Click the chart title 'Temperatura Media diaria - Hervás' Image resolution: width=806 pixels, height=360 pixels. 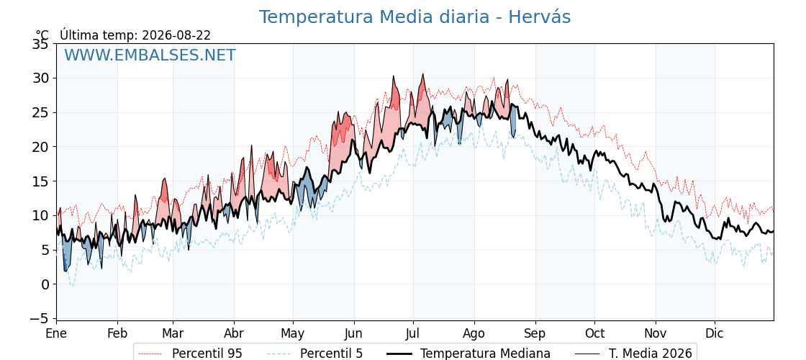point(415,17)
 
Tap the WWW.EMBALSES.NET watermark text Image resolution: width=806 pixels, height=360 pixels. point(150,55)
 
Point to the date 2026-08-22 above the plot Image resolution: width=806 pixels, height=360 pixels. point(176,35)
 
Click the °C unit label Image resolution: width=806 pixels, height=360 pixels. point(42,35)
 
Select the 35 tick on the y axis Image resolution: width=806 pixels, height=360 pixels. point(40,44)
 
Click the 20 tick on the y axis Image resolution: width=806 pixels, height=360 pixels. point(40,147)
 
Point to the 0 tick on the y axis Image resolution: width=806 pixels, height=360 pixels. point(45,284)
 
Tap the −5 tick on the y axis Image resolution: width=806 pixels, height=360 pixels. point(39,319)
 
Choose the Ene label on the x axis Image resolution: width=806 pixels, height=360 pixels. point(56,334)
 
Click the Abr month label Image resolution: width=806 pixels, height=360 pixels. point(234,334)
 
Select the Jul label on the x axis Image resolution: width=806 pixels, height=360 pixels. point(413,334)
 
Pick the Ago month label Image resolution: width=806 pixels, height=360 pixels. point(474,334)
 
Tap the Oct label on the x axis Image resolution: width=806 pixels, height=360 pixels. point(594,334)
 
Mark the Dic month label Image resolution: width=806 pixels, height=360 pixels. point(715,334)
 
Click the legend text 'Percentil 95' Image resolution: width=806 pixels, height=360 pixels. point(207,354)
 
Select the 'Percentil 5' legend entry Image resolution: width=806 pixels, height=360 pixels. point(332,354)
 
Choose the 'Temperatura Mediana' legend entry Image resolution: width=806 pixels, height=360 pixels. point(485,354)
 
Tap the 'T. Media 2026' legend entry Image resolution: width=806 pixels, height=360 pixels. point(651,354)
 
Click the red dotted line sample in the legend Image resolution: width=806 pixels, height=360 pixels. point(150,354)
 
